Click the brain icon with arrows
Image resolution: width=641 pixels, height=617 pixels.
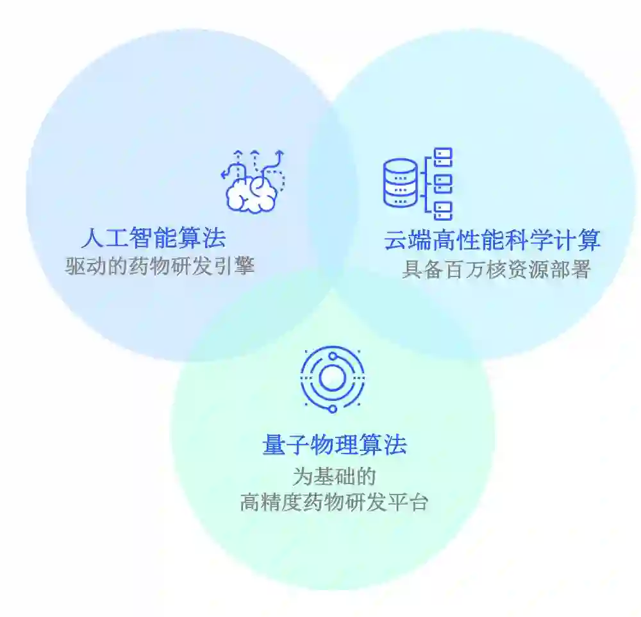point(253,182)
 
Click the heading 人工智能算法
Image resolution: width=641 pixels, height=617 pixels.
point(154,239)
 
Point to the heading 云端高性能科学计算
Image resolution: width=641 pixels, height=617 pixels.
point(492,241)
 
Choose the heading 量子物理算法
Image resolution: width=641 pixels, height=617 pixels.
point(335,444)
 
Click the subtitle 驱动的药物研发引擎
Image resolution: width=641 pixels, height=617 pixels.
point(160,266)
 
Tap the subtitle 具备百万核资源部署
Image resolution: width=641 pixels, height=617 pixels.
point(495,270)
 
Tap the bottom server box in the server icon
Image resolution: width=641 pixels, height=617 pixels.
point(443,209)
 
